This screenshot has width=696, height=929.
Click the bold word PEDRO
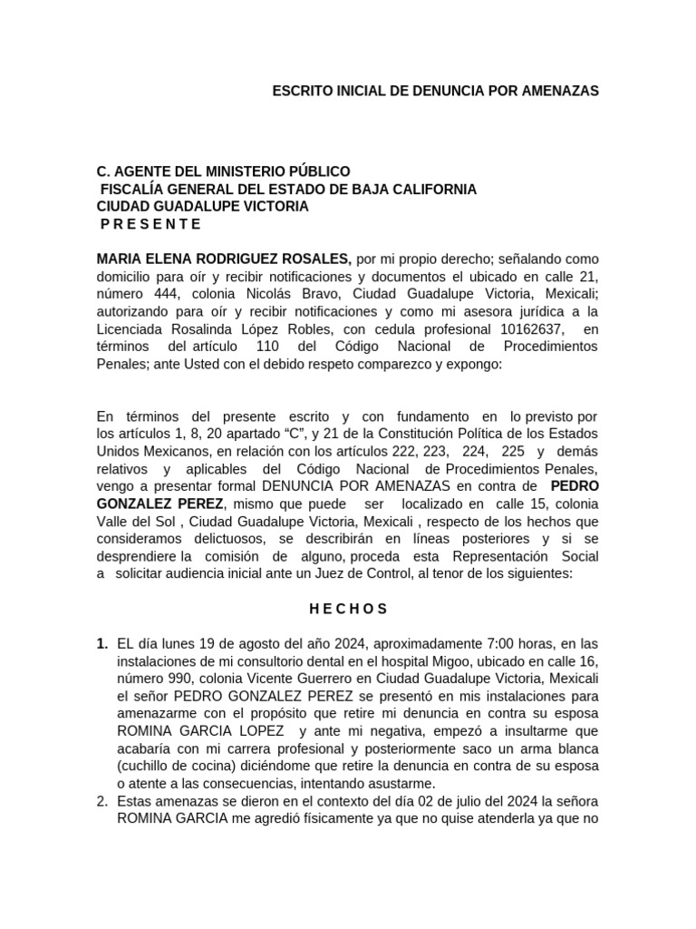[x=575, y=486]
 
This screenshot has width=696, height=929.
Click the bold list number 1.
[x=101, y=643]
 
